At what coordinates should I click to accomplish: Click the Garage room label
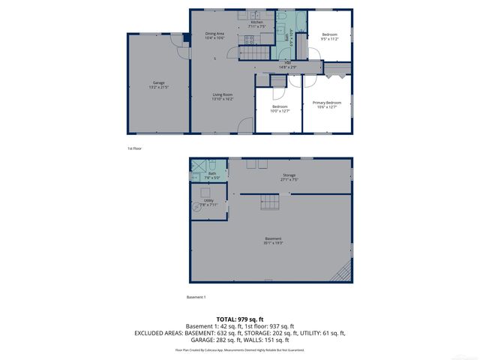[x=158, y=84]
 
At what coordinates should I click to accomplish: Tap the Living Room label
[x=222, y=96]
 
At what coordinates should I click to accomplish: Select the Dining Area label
[x=215, y=35]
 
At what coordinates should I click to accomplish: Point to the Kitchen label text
[x=256, y=24]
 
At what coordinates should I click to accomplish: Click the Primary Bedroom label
[x=327, y=103]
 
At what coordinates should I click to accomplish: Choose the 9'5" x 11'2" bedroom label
[x=330, y=36]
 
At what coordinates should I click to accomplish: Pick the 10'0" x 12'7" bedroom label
[x=280, y=108]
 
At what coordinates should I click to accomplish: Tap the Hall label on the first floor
[x=288, y=64]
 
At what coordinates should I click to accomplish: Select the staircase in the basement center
[x=268, y=200]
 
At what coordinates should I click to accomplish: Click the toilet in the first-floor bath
[x=286, y=34]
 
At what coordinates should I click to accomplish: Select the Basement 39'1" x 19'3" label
[x=273, y=241]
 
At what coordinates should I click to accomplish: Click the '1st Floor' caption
[x=134, y=148]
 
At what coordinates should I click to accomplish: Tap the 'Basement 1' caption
[x=195, y=298]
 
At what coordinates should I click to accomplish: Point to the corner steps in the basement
[x=343, y=273]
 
